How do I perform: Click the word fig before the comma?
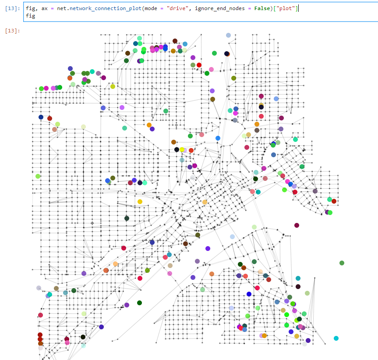tap(30, 8)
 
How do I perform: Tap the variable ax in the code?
tap(45, 8)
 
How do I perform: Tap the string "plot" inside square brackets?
tap(285, 8)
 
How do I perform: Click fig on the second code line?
tap(30, 16)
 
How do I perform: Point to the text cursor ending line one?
tap(298, 8)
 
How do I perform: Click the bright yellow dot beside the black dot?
tap(182, 150)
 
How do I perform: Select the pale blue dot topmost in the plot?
tap(228, 35)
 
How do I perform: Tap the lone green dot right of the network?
tap(342, 263)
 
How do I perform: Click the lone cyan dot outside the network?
tap(336, 338)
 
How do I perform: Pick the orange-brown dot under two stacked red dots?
tap(40, 344)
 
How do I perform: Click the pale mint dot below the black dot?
tap(83, 346)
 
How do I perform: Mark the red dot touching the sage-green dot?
tap(199, 65)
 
